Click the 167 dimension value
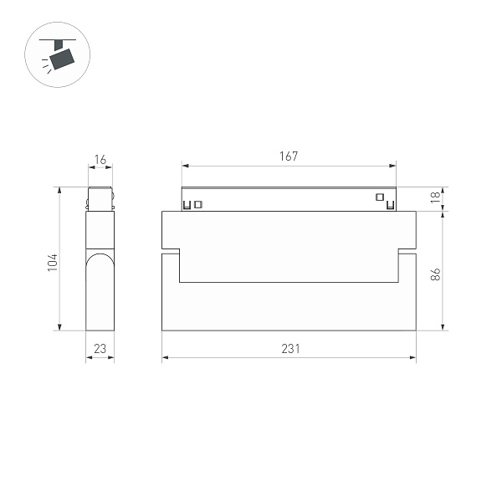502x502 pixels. pyautogui.click(x=289, y=156)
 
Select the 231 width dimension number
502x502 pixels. pyautogui.click(x=289, y=349)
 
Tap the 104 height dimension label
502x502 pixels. pyautogui.click(x=53, y=261)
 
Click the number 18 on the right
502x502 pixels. pyautogui.click(x=435, y=197)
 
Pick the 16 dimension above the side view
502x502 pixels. pyautogui.click(x=100, y=159)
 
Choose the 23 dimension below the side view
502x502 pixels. pyautogui.click(x=100, y=350)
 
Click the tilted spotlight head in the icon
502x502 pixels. pyautogui.click(x=61, y=58)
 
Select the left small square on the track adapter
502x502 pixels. pyautogui.click(x=198, y=203)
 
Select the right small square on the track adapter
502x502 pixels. pyautogui.click(x=379, y=197)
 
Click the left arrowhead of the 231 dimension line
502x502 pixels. pyautogui.click(x=165, y=358)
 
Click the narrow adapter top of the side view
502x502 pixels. pyautogui.click(x=100, y=198)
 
